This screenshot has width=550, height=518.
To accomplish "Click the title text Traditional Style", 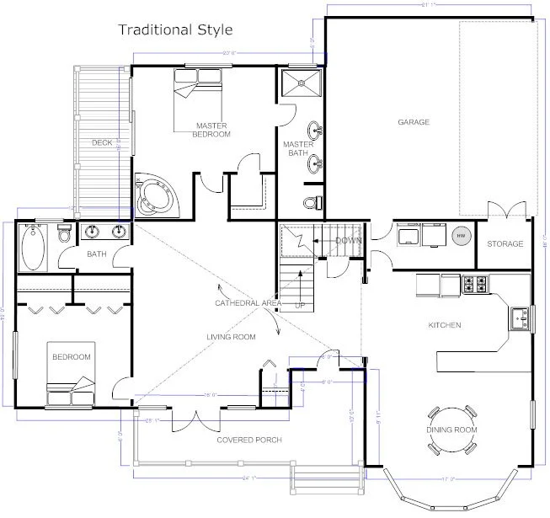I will point(175,30).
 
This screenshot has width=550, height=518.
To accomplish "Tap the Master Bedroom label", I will point(211,130).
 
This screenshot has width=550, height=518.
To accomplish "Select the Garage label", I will point(414,122).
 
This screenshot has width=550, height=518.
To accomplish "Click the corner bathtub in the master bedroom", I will point(155,194).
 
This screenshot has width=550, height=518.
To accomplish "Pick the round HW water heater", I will point(462,237).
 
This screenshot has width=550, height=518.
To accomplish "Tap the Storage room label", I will point(505,244).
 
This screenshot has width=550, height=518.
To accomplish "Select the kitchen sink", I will point(520,317).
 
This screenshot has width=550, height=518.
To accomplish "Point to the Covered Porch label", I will point(248,441).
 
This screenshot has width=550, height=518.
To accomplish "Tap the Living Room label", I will point(231,337).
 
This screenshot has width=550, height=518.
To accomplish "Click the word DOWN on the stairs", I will point(348,241).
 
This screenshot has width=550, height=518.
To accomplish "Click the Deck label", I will point(102,143).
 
